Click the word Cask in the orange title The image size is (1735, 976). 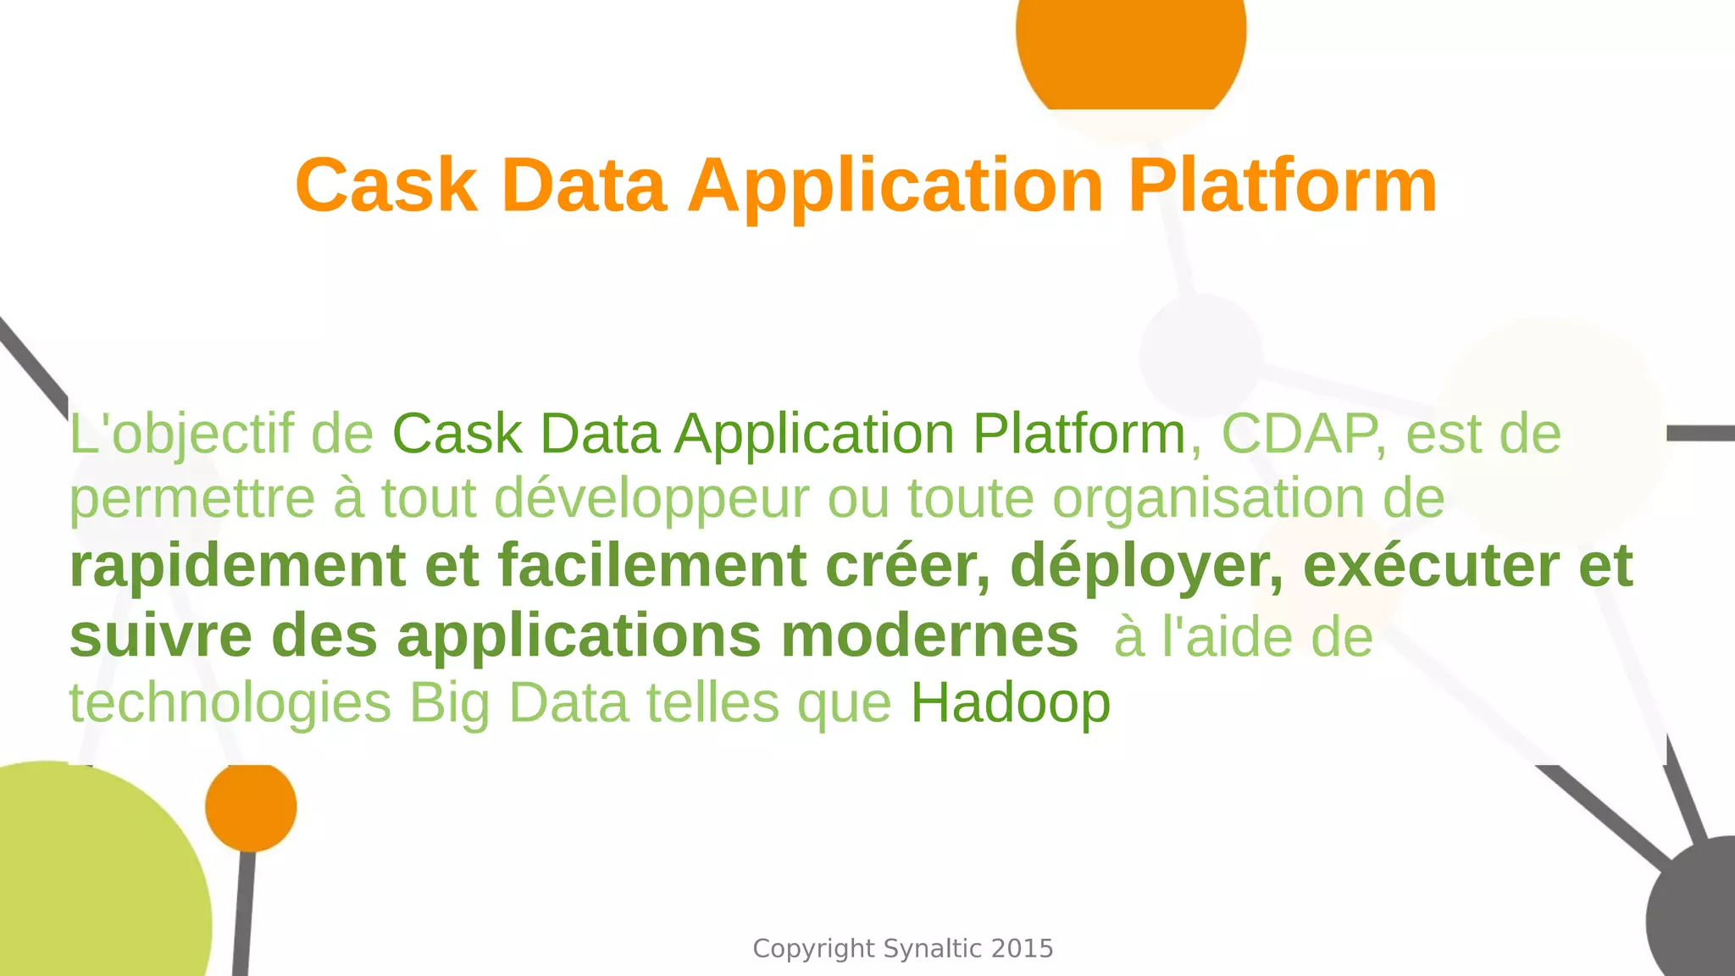pos(385,186)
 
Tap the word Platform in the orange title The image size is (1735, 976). pos(1282,186)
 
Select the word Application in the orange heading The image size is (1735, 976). pos(895,186)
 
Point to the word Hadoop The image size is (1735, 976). pos(1010,703)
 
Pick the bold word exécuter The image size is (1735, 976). pos(1430,566)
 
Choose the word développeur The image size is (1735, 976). pos(651,499)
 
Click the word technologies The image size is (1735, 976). pos(230,703)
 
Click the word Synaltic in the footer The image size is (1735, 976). pos(932,949)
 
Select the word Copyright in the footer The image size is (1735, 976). pos(812,949)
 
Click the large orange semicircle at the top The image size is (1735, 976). pos(1131,51)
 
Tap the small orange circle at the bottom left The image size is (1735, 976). pos(251,807)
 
